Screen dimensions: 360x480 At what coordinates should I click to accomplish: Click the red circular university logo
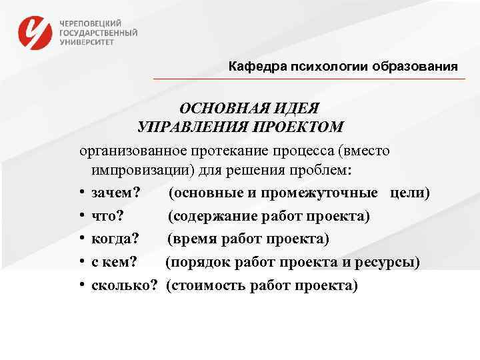pyautogui.click(x=35, y=31)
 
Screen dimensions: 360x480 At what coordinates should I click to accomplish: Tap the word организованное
pyautogui.click(x=137, y=150)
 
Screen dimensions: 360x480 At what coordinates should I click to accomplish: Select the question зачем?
pyautogui.click(x=117, y=193)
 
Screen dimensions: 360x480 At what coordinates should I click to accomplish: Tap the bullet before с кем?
pyautogui.click(x=81, y=262)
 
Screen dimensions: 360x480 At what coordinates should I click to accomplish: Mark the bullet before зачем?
pyautogui.click(x=81, y=193)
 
